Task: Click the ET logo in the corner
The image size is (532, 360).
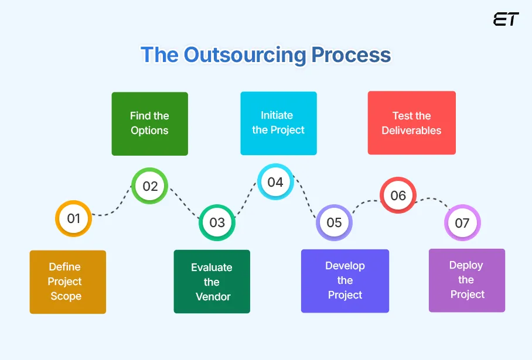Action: [506, 19]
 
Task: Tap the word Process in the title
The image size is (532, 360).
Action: [350, 55]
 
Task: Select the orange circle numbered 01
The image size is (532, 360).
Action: [73, 219]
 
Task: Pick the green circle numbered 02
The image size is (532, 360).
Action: [150, 186]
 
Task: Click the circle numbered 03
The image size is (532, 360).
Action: [217, 222]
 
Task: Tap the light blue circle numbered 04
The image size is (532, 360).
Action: [275, 182]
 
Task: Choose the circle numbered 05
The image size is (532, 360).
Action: [334, 222]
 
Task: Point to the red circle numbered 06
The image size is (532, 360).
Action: [398, 196]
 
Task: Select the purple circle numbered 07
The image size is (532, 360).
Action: [462, 223]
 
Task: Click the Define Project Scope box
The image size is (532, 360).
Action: [68, 282]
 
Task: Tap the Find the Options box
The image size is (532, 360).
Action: [149, 124]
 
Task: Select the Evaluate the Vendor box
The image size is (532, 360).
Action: [212, 282]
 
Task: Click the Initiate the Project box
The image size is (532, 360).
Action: [278, 124]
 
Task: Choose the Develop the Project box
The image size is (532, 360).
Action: [345, 281]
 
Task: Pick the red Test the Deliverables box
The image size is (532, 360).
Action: [411, 124]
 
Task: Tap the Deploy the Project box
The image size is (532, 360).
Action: [466, 280]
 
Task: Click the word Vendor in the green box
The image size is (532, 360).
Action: [213, 297]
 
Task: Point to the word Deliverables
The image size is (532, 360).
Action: [411, 131]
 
